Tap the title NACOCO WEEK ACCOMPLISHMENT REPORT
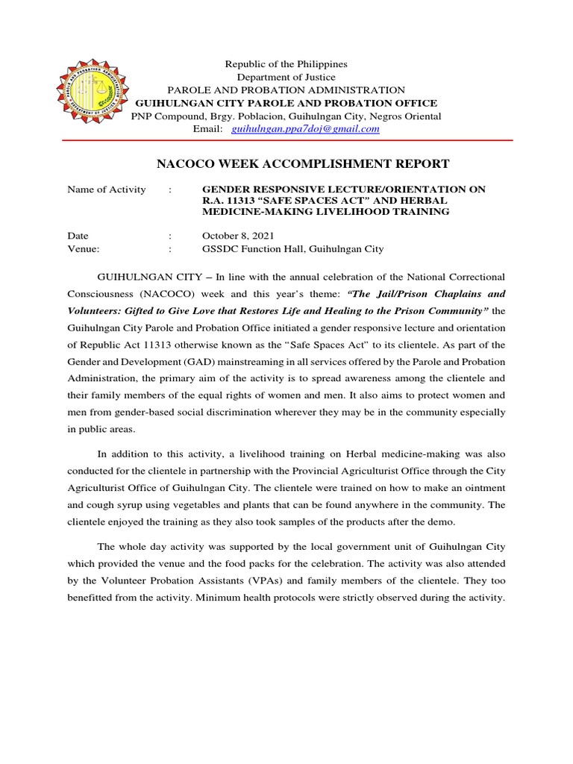[301, 164]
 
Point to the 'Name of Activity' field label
[107, 190]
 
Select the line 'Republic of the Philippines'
[286, 65]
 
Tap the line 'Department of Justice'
[286, 78]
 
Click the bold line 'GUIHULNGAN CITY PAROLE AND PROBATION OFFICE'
[286, 103]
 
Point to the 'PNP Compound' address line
[286, 116]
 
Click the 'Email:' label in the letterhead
[208, 129]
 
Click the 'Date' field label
[78, 236]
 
